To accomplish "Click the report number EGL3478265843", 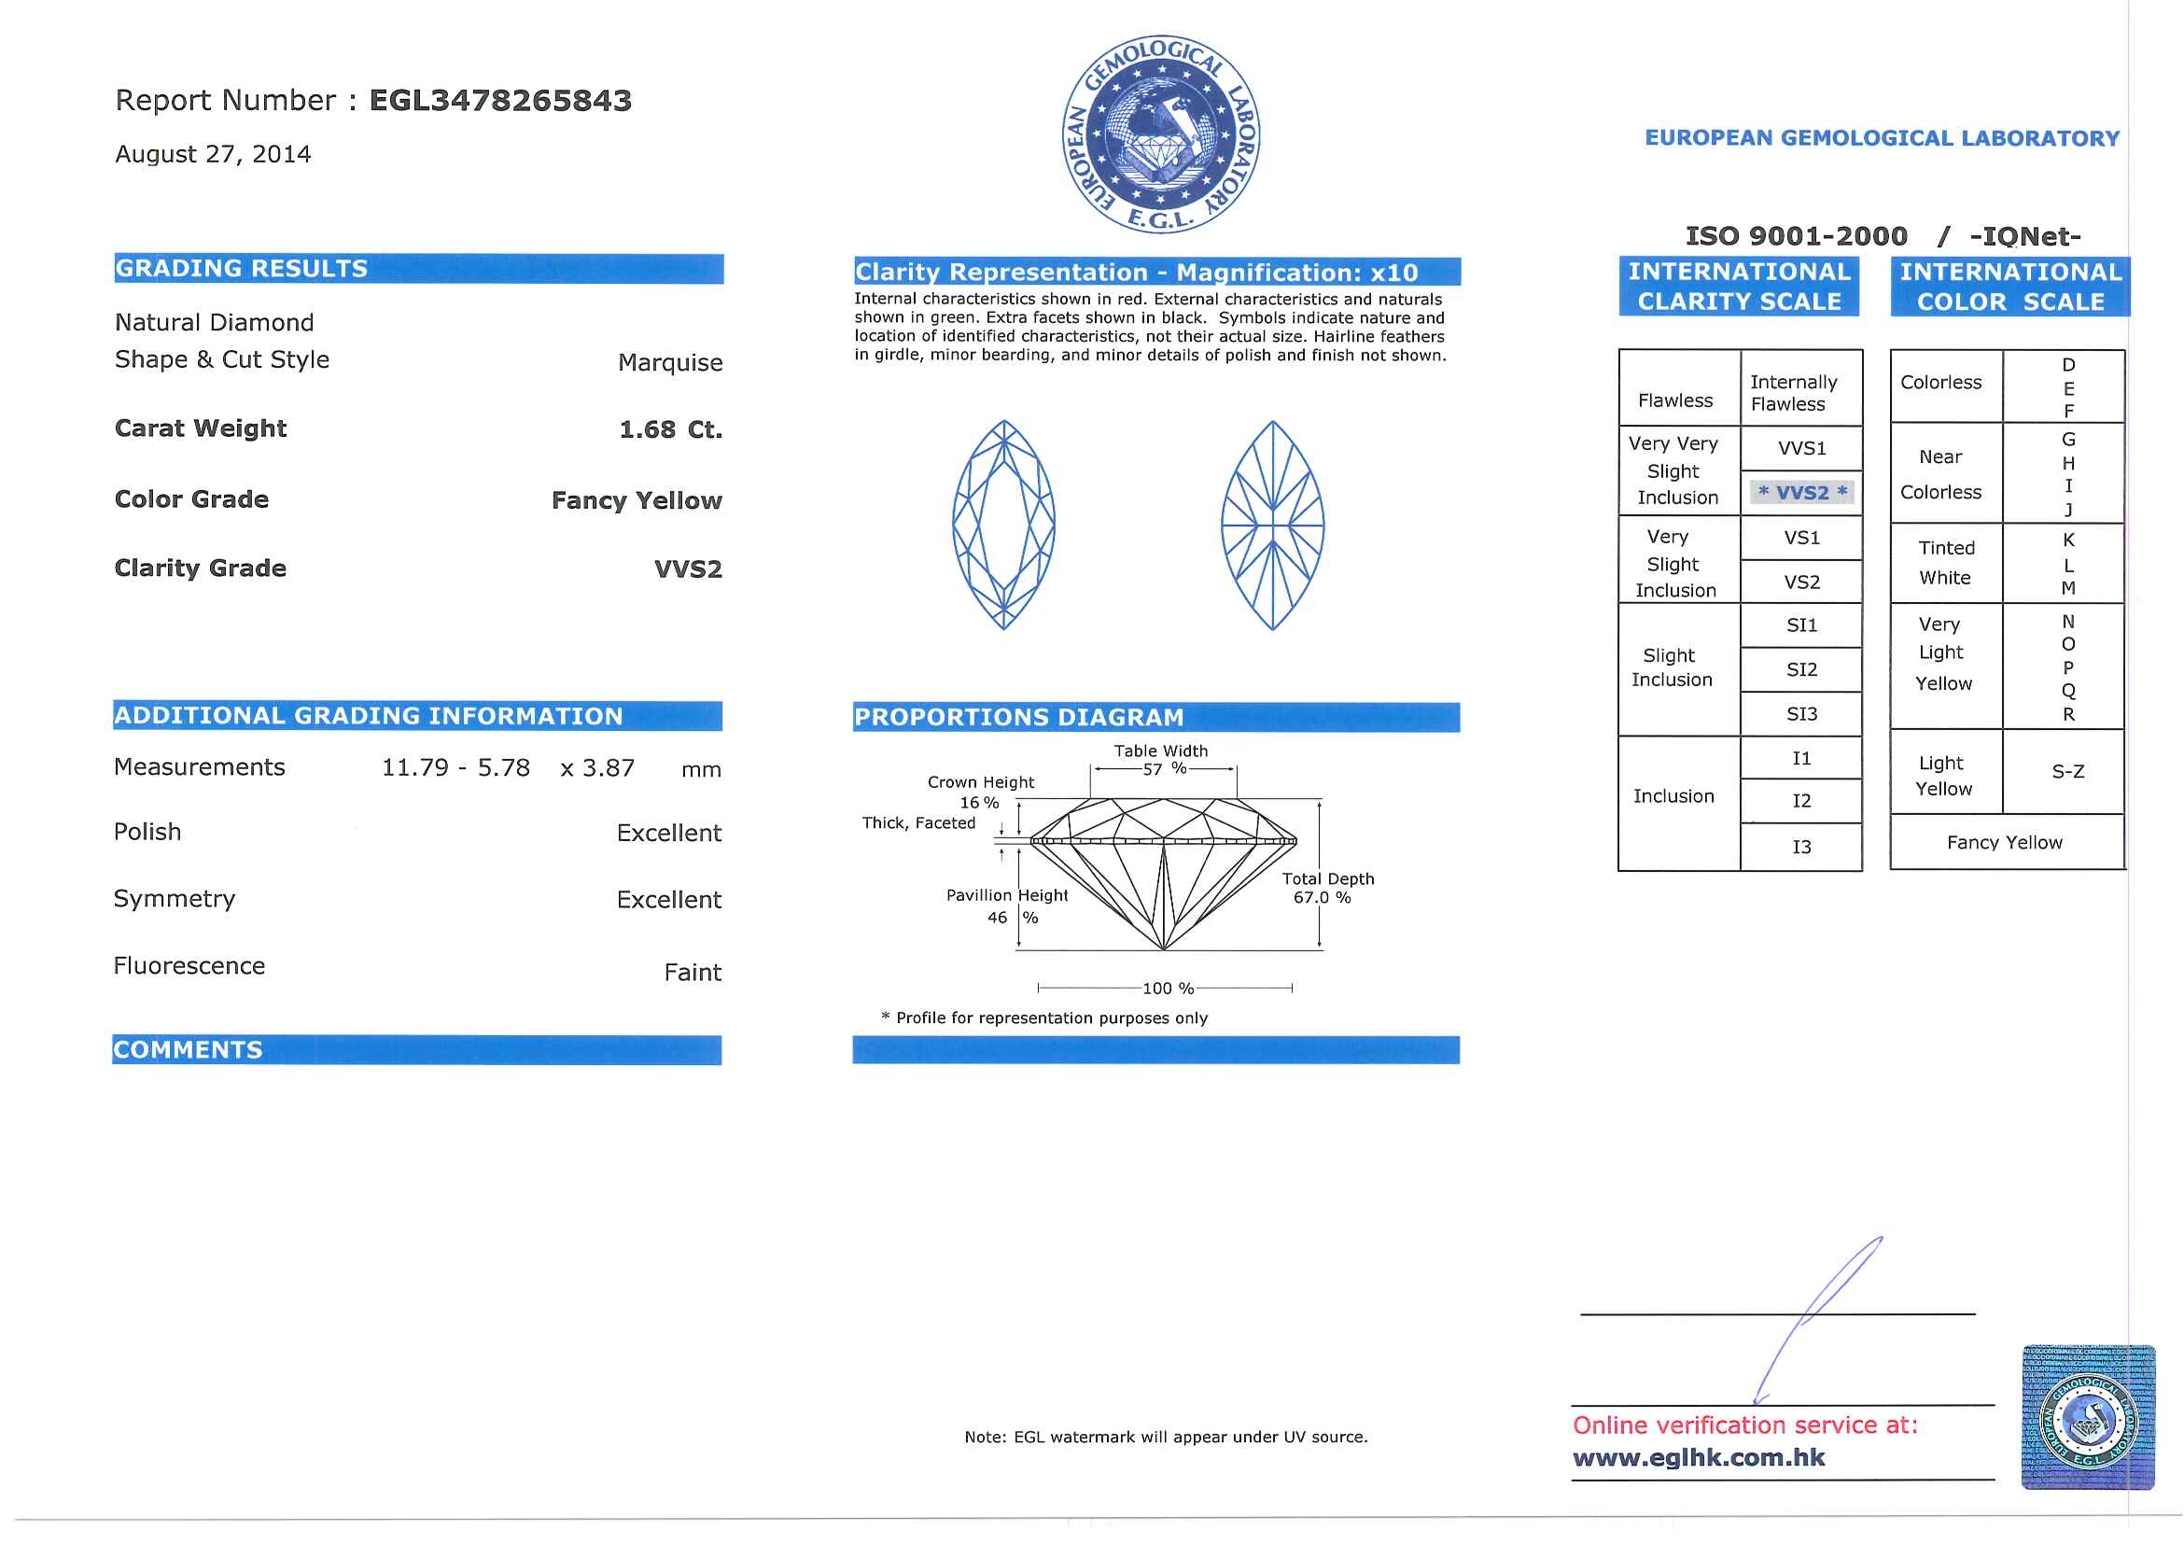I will click(499, 101).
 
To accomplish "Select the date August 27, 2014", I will click(213, 154).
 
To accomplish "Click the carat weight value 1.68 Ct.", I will click(671, 430).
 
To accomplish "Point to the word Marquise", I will click(669, 362).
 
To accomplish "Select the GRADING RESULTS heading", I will click(242, 269).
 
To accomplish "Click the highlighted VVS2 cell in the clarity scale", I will click(1801, 493).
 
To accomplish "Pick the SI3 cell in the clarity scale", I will click(1801, 714).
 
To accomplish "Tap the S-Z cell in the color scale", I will click(2068, 771).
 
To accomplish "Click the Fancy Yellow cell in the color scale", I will click(2004, 843).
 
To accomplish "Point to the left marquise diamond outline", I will click(1003, 526).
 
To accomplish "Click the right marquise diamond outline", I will click(1273, 526).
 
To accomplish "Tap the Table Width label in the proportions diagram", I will click(1160, 751).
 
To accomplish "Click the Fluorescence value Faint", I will click(693, 973).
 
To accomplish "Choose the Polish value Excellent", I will click(668, 834).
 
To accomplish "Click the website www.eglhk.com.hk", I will click(1699, 1457).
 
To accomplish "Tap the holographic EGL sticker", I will click(2088, 1416).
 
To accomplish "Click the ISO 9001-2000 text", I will click(1796, 236).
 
